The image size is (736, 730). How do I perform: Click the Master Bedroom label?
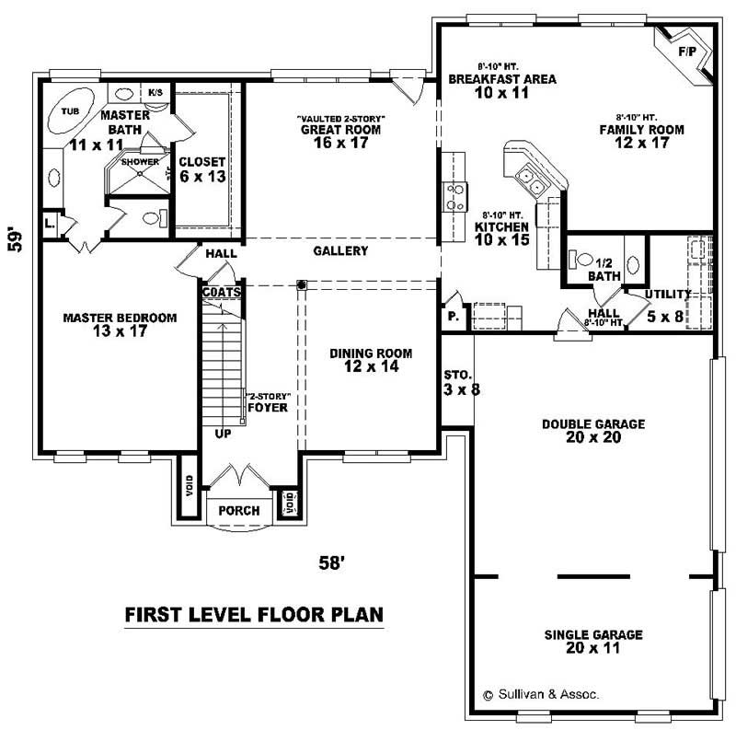(119, 318)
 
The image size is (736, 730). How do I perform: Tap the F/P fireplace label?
(686, 52)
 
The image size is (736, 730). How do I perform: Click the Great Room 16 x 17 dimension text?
(339, 143)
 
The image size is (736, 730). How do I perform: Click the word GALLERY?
(340, 250)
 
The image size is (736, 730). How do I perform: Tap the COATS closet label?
(222, 291)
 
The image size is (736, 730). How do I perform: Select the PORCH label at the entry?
(238, 511)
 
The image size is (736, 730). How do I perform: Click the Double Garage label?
(593, 424)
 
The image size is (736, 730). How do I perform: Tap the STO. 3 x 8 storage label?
(457, 382)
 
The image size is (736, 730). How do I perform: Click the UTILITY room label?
(667, 294)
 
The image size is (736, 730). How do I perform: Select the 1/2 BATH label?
(605, 268)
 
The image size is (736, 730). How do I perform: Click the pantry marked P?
(454, 317)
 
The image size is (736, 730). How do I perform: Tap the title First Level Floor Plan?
(253, 613)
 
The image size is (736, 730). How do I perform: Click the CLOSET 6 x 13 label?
(202, 168)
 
